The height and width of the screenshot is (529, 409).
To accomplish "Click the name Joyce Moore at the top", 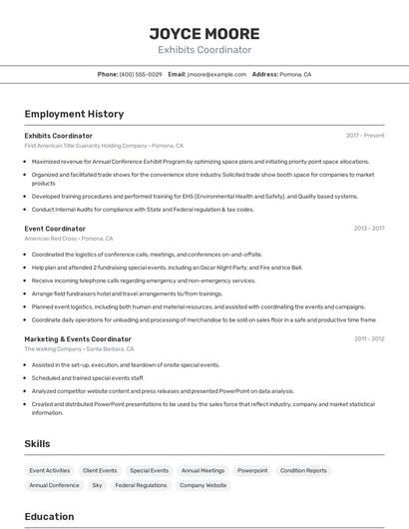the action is [x=204, y=33].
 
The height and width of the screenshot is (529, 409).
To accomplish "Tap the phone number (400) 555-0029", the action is [x=141, y=75].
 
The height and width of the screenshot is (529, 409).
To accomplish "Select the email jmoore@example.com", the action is [x=216, y=75].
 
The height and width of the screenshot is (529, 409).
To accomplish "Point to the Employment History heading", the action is [x=74, y=114].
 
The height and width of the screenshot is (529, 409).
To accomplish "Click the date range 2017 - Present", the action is [x=365, y=136].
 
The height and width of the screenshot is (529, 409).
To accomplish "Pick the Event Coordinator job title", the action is [x=55, y=229].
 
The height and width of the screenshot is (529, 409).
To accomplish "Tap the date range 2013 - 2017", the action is [x=368, y=229].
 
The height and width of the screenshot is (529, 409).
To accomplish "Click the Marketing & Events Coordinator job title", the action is [x=78, y=339].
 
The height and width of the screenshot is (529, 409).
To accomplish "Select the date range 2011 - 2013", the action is [x=368, y=339].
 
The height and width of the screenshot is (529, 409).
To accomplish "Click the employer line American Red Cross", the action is [x=68, y=239].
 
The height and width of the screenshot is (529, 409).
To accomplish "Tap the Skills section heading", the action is [x=37, y=443].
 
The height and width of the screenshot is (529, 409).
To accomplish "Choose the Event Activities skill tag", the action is [x=50, y=470].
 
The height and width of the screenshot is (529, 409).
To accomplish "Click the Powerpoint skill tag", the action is [x=252, y=470].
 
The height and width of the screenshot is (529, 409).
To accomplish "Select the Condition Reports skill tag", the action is [x=303, y=470].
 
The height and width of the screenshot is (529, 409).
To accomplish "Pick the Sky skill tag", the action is [x=97, y=485].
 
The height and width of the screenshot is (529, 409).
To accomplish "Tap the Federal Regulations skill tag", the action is [x=141, y=485].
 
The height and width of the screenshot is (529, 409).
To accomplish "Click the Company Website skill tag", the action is [x=203, y=485].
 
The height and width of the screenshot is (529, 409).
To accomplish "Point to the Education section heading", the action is [x=49, y=516].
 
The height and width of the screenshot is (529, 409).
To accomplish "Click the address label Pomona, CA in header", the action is [x=295, y=75].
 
